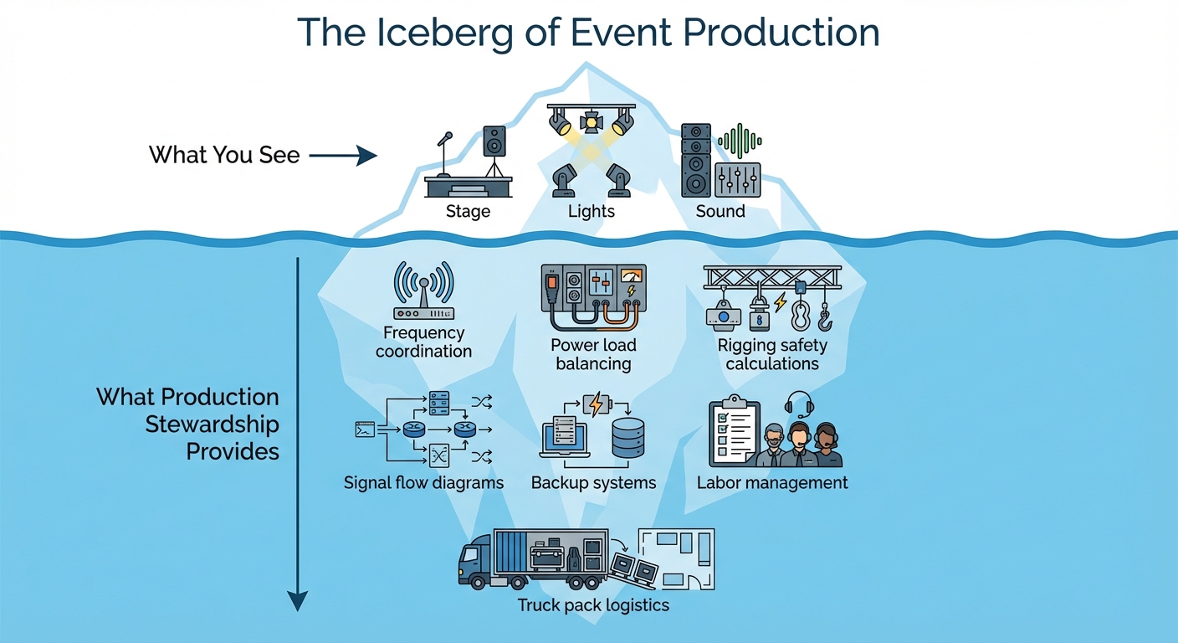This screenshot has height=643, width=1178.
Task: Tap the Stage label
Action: coord(468,212)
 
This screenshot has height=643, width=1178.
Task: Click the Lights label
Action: coord(591,212)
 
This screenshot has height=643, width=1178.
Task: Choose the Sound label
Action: coord(720,212)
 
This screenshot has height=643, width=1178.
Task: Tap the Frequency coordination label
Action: coord(423,342)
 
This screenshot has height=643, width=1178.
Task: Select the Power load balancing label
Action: coord(593,354)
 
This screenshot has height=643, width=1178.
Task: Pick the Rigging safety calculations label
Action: coord(771,354)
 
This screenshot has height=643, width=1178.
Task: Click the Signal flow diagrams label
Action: coord(423,483)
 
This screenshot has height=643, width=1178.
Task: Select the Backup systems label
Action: coord(593,483)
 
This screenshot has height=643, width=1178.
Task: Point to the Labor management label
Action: coord(771,483)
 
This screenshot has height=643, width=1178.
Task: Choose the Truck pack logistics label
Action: coord(593,604)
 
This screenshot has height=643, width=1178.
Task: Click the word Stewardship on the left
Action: coord(212,424)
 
